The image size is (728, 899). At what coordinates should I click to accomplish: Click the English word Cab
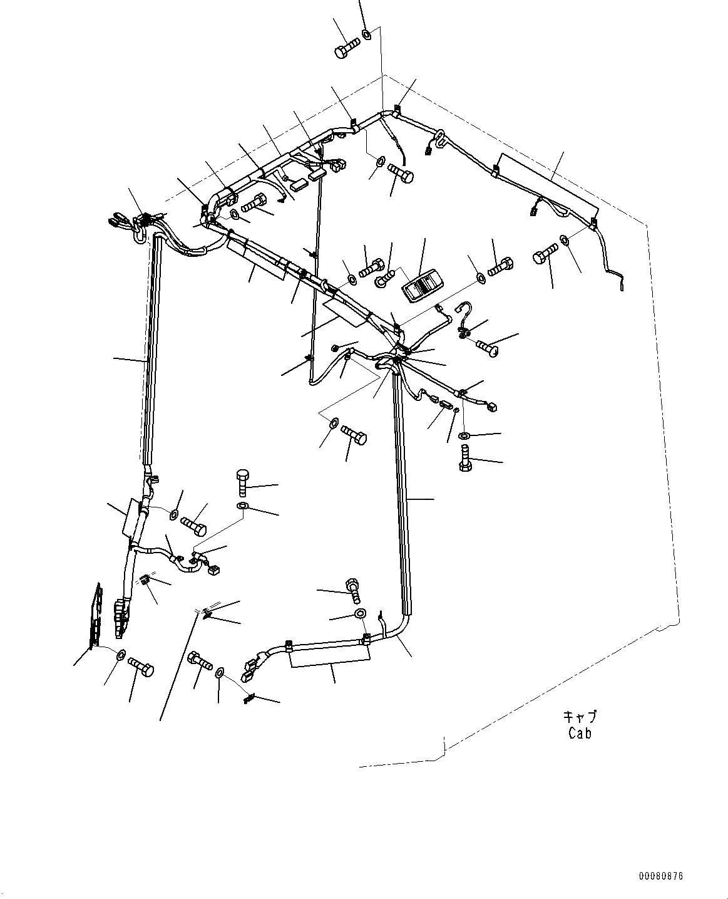click(580, 732)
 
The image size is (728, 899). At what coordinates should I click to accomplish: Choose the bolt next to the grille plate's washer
click(141, 667)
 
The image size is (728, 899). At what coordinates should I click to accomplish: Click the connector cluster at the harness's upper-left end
click(139, 222)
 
